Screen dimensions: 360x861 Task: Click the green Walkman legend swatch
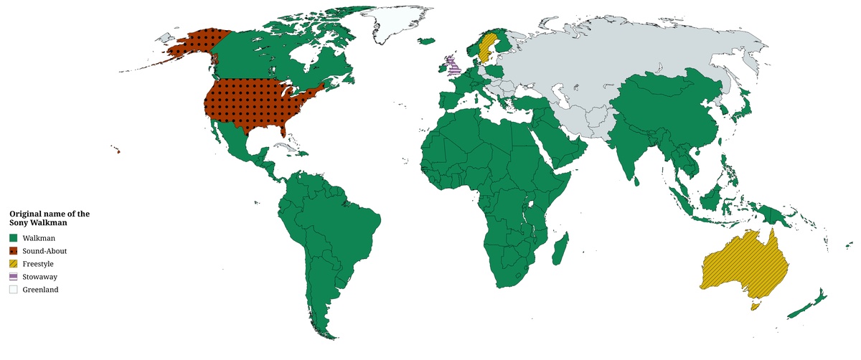(14, 237)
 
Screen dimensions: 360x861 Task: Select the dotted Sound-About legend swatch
(14, 250)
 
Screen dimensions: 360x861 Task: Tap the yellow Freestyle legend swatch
(14, 264)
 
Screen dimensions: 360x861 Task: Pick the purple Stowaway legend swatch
(14, 277)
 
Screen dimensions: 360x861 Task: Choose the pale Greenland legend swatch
(14, 290)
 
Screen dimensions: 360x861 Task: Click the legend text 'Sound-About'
(44, 251)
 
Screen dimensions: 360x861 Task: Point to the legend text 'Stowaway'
(40, 277)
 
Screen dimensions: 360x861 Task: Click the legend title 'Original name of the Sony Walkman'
(49, 219)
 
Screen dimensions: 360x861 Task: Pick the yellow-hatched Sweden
(486, 49)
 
